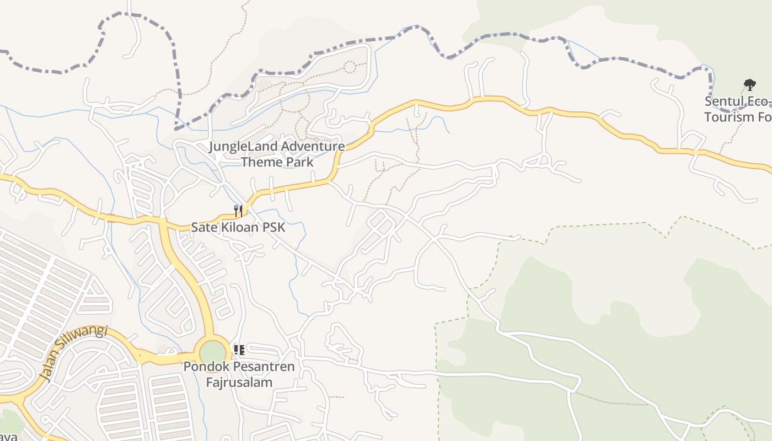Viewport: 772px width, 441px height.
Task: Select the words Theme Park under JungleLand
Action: (277, 162)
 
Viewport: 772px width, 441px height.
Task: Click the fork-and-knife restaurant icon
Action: (238, 210)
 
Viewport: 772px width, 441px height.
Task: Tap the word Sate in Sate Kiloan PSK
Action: (203, 227)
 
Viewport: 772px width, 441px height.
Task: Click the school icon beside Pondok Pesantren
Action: (239, 350)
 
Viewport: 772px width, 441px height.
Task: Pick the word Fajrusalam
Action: (239, 382)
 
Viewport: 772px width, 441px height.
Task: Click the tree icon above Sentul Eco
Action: (749, 85)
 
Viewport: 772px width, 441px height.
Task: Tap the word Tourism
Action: (728, 117)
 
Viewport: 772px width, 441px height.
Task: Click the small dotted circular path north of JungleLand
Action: (349, 67)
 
